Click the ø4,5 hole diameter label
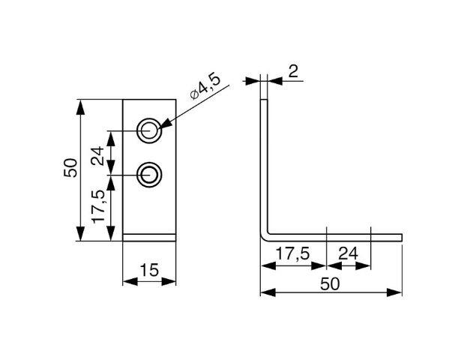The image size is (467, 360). click(x=205, y=86)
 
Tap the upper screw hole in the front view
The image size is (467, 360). click(x=149, y=130)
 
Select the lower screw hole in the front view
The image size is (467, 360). click(x=149, y=175)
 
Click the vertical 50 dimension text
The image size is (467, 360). click(x=70, y=168)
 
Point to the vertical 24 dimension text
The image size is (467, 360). click(x=98, y=155)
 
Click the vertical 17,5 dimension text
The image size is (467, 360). click(x=99, y=206)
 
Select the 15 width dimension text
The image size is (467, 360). click(x=149, y=270)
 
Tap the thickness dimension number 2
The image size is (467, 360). click(x=293, y=71)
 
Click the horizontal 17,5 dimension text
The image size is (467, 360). click(x=293, y=253)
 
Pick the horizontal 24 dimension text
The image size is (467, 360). click(x=348, y=253)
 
